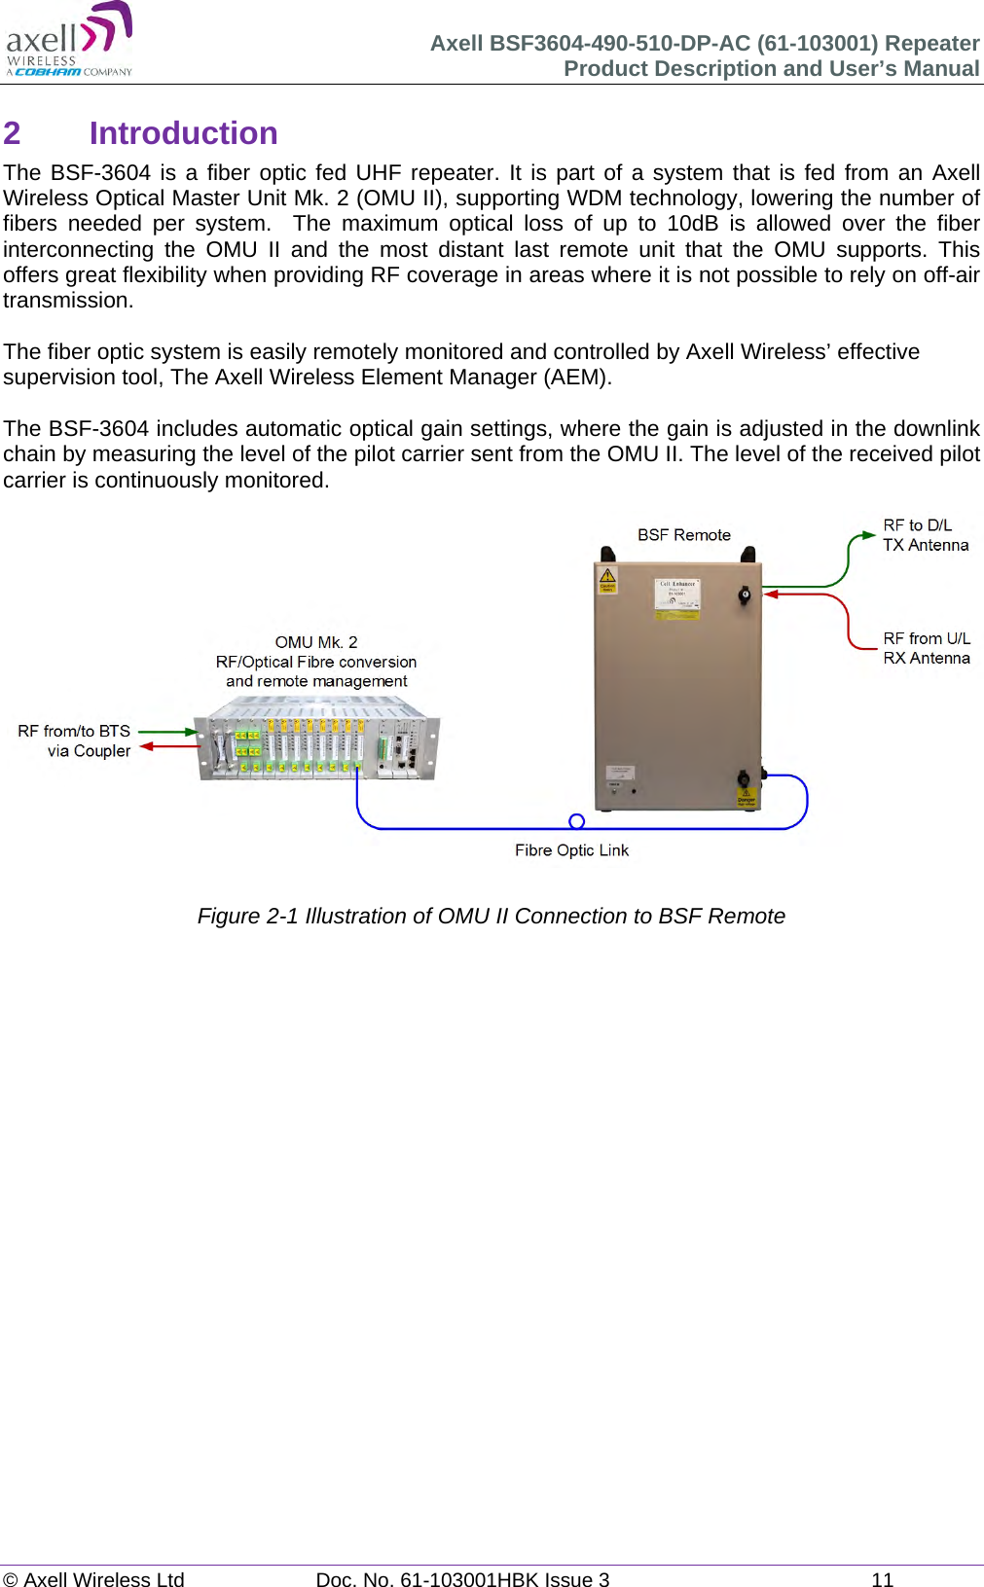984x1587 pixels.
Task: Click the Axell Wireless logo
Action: pyautogui.click(x=69, y=40)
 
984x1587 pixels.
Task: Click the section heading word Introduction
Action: pyautogui.click(x=183, y=133)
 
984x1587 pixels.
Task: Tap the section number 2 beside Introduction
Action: pyautogui.click(x=12, y=133)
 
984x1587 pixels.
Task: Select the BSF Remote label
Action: pyautogui.click(x=683, y=535)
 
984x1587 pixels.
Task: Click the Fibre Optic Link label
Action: pyautogui.click(x=571, y=850)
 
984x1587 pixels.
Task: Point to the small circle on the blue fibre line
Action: pyautogui.click(x=576, y=821)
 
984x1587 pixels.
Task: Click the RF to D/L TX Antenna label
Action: pyautogui.click(x=925, y=535)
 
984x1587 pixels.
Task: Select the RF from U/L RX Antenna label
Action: pyautogui.click(x=926, y=648)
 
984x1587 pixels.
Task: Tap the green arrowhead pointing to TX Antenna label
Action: pyautogui.click(x=867, y=534)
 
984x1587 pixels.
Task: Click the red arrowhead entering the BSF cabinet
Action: pyautogui.click(x=770, y=594)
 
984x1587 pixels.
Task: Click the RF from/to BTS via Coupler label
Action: pyautogui.click(x=75, y=740)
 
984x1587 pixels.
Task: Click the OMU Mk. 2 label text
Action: pyautogui.click(x=315, y=642)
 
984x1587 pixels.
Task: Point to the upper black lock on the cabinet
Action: pyautogui.click(x=745, y=595)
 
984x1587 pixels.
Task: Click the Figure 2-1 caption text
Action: pyautogui.click(x=491, y=917)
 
